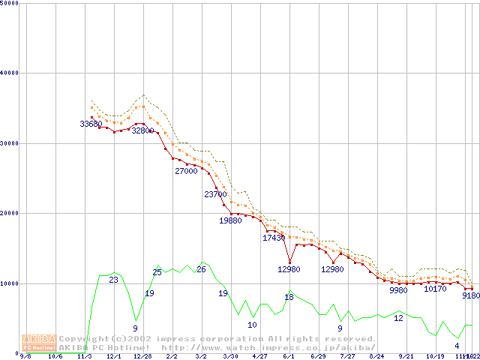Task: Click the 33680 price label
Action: (91, 124)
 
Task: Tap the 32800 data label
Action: (142, 130)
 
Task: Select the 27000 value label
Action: (186, 171)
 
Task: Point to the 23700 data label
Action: (215, 195)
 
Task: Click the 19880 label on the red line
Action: (230, 221)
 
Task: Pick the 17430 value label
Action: (274, 238)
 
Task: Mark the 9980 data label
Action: (399, 290)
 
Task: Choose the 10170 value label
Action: (436, 289)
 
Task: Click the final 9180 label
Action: (470, 296)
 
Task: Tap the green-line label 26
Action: (201, 269)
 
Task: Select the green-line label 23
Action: (114, 280)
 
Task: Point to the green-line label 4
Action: (457, 346)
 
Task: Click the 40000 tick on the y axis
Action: (10, 73)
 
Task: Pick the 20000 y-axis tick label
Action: (10, 213)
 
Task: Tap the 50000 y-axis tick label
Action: (10, 3)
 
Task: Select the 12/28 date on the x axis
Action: (142, 357)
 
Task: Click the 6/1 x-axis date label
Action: (288, 357)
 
